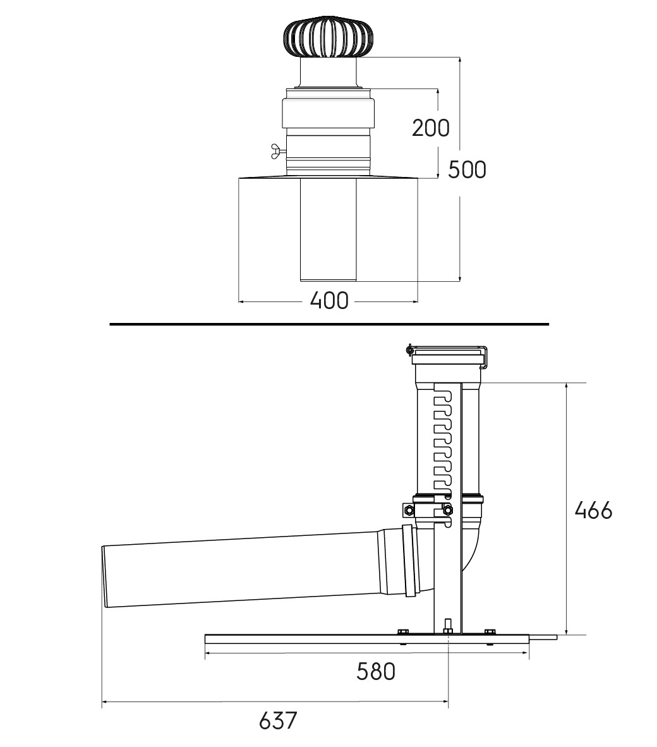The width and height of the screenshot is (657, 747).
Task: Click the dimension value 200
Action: point(430,128)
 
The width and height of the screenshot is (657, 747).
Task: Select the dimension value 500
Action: point(467,169)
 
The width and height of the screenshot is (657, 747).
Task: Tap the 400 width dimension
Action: point(329,301)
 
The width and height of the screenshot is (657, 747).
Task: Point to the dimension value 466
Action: point(593,511)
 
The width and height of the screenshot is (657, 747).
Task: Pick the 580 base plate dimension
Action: point(376,672)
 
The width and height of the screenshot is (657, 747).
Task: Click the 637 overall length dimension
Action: point(278,720)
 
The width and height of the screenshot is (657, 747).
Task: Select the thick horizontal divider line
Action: point(329,324)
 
